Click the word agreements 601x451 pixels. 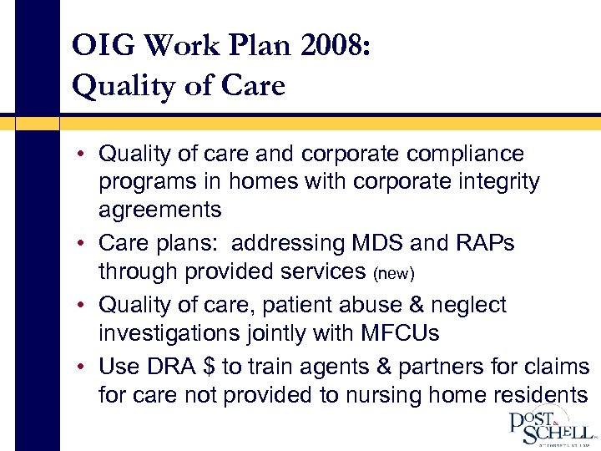tap(159, 209)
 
